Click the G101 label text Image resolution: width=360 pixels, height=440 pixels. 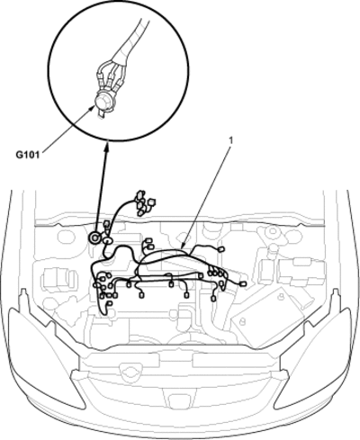coord(28,156)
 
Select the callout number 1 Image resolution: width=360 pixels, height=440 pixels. coord(230,139)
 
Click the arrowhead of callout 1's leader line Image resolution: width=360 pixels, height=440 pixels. coord(184,246)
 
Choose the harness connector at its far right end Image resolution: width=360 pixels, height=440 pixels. coord(244,283)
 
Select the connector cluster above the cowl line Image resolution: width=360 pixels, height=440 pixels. coord(143,202)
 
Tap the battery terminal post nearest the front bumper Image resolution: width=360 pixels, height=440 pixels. coord(243,321)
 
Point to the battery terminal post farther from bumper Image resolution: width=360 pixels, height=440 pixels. coord(281,297)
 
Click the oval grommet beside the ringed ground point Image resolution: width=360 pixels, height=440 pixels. coord(107,240)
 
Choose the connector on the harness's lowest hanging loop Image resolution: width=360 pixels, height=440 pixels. coord(110,304)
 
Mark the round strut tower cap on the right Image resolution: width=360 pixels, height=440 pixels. coord(272,231)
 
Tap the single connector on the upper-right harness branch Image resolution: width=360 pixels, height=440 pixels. coord(221,249)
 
